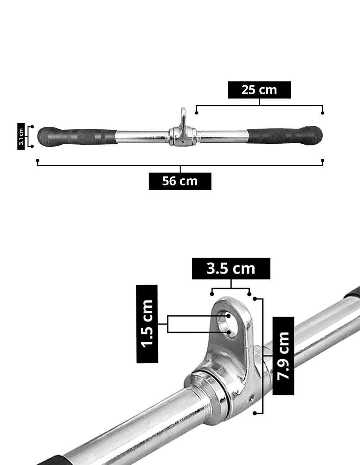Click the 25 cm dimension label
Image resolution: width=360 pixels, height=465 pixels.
(259, 90)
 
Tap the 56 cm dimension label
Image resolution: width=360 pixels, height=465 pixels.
(180, 181)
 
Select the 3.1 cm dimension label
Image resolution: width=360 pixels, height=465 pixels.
(21, 136)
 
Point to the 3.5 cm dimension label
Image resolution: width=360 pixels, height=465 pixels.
(231, 269)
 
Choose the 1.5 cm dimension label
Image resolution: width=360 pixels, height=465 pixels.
(147, 324)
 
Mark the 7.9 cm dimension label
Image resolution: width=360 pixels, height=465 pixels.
(283, 356)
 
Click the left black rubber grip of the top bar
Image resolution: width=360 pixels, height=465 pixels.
(77, 136)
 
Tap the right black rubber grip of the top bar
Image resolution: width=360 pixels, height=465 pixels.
(284, 135)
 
